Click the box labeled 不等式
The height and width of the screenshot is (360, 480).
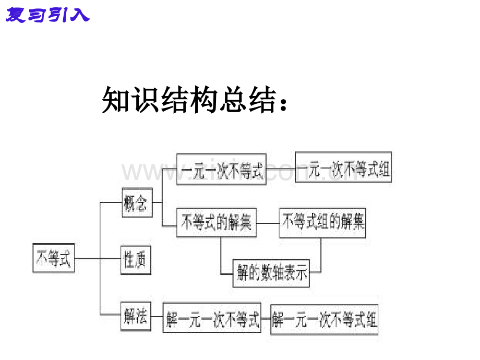(x=53, y=258)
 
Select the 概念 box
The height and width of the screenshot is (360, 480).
(x=136, y=202)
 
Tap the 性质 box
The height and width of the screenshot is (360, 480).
(x=136, y=259)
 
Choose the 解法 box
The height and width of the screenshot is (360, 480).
(x=136, y=316)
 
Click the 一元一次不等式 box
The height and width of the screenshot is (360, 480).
(x=221, y=169)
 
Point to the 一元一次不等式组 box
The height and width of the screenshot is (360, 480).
(x=343, y=167)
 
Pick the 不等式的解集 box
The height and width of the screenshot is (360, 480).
(x=217, y=223)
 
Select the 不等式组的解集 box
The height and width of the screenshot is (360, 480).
(x=322, y=223)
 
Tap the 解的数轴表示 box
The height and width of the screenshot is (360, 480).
(x=271, y=272)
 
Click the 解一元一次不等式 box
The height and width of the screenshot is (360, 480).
(x=212, y=318)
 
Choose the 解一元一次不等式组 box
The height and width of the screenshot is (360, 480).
(x=325, y=318)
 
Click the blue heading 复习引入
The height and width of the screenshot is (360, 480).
(x=47, y=16)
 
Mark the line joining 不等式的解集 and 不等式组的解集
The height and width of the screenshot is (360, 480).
(x=268, y=223)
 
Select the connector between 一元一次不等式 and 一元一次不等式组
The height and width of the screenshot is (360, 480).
(x=281, y=169)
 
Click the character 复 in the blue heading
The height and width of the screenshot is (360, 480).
(x=16, y=16)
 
